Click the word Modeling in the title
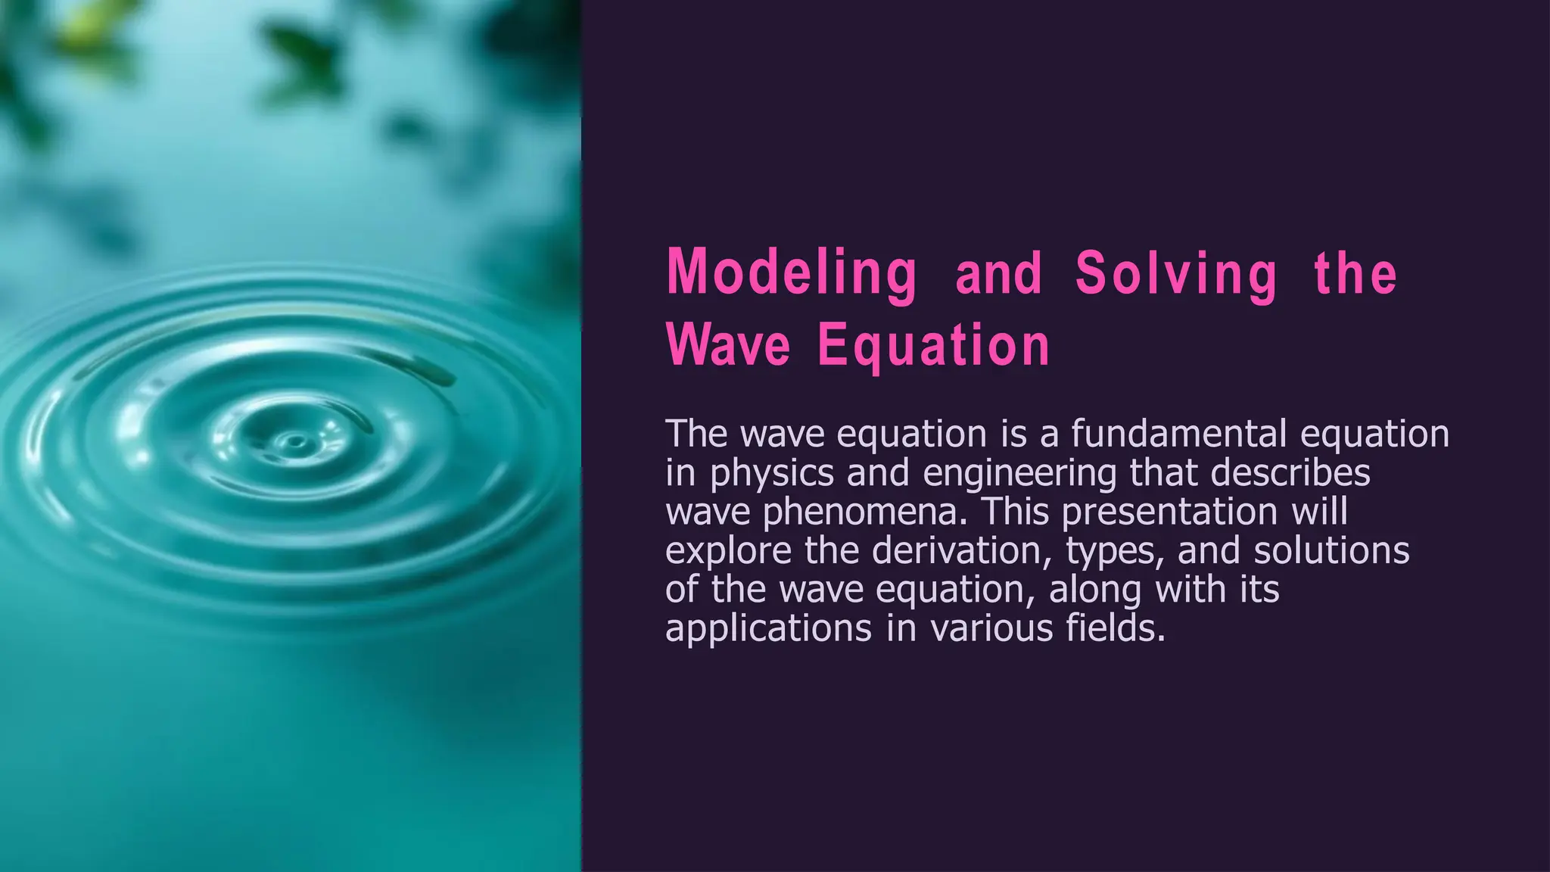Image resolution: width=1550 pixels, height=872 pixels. [792, 273]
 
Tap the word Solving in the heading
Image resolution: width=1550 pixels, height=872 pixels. [1177, 273]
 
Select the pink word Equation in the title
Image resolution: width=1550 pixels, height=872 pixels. [934, 345]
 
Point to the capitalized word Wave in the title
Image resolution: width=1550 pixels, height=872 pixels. [728, 345]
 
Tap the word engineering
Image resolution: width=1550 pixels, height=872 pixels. [1019, 474]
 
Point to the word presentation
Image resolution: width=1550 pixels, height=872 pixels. [1170, 512]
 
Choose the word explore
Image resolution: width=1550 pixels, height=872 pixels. [728, 551]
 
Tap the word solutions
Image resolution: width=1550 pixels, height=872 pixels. [1331, 550]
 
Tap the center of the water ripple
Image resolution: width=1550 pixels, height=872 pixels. [294, 441]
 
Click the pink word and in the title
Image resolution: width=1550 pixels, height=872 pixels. [999, 274]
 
